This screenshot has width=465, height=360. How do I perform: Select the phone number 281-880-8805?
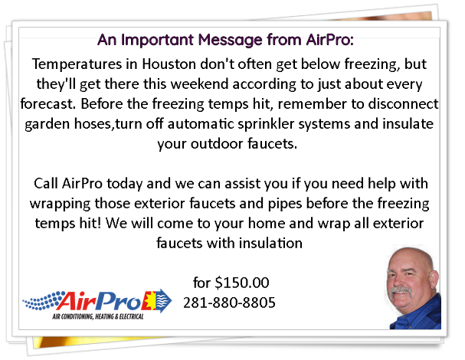[x=230, y=303]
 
